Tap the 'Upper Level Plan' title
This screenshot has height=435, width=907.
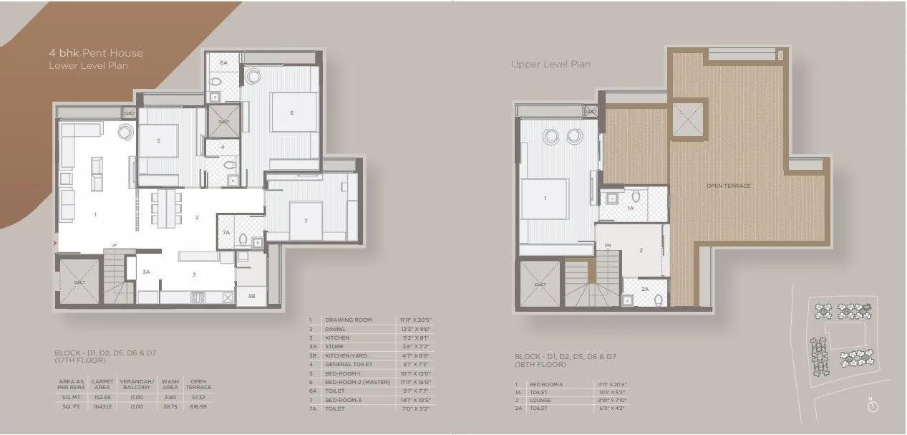coord(550,64)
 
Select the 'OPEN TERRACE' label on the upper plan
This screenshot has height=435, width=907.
coord(729,186)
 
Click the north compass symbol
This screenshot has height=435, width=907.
coord(872,406)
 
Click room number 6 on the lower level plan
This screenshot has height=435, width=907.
coord(291,113)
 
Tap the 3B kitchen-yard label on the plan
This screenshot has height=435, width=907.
coord(251,295)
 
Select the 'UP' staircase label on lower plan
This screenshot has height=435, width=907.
coord(113,246)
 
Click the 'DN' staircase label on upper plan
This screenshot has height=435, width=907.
coord(608,246)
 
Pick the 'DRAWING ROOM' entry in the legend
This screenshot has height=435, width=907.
coord(348,320)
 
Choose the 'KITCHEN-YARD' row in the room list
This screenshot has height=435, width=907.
coord(346,355)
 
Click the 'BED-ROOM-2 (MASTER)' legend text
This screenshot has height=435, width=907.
coord(357,382)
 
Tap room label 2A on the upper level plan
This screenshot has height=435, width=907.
coord(644,290)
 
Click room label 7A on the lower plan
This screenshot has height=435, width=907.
coord(225,233)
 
